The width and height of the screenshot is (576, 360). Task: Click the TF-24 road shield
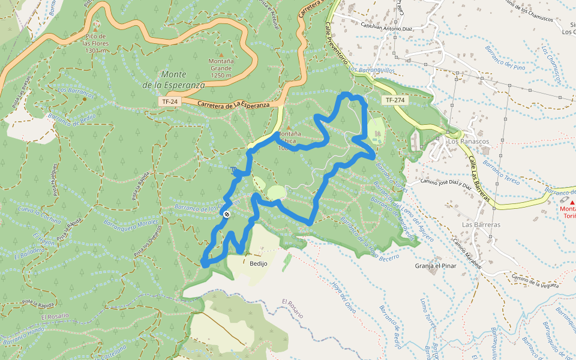pyautogui.click(x=170, y=102)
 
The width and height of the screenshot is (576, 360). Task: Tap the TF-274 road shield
pyautogui.click(x=395, y=100)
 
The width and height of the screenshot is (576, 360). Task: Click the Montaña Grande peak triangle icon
pyautogui.click(x=221, y=55)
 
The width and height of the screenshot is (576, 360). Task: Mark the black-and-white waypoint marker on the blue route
pyautogui.click(x=227, y=214)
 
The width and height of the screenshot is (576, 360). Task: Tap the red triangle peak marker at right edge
pyautogui.click(x=572, y=203)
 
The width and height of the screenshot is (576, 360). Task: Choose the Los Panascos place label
pyautogui.click(x=469, y=142)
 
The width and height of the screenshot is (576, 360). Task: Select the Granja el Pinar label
pyautogui.click(x=436, y=265)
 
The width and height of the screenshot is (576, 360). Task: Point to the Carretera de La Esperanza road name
pyautogui.click(x=234, y=105)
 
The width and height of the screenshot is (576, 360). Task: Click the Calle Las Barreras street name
pyautogui.click(x=481, y=179)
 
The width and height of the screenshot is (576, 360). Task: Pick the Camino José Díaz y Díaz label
pyautogui.click(x=446, y=183)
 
